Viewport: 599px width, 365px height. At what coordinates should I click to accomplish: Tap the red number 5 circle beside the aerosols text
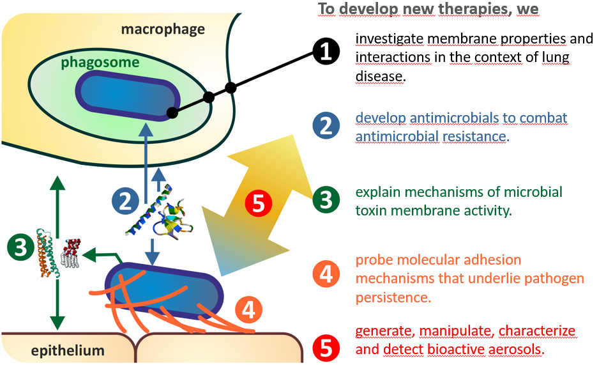[x=326, y=348]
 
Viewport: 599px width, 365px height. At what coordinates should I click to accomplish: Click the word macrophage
[x=163, y=29]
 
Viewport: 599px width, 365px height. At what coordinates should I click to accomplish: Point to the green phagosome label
[x=100, y=63]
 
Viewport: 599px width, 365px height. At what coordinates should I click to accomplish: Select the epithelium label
[x=58, y=350]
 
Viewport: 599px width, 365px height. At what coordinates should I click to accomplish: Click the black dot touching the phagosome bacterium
[x=171, y=113]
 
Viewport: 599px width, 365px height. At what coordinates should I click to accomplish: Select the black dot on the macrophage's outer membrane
[x=231, y=87]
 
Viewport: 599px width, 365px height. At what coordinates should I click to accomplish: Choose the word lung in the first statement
[x=550, y=57]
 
